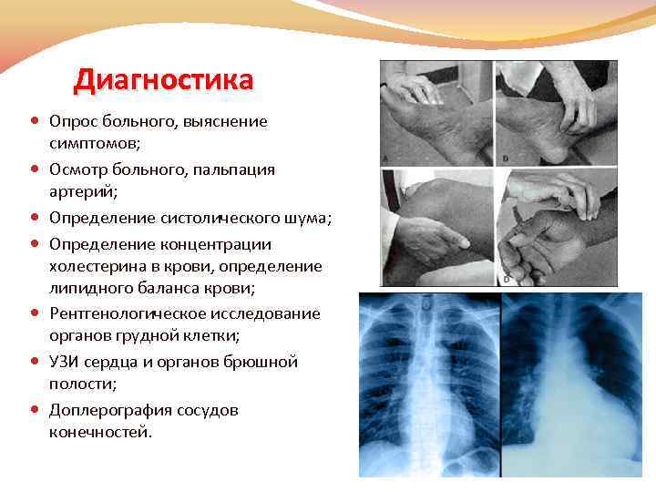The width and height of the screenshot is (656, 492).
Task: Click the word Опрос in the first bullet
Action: tap(71, 121)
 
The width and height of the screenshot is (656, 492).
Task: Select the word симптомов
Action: tap(92, 144)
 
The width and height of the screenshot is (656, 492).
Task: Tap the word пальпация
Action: tap(219, 169)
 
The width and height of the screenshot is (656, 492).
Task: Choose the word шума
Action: tap(304, 218)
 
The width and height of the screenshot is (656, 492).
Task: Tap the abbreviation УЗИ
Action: tap(66, 362)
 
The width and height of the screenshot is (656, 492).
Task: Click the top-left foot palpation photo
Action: tap(436, 113)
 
